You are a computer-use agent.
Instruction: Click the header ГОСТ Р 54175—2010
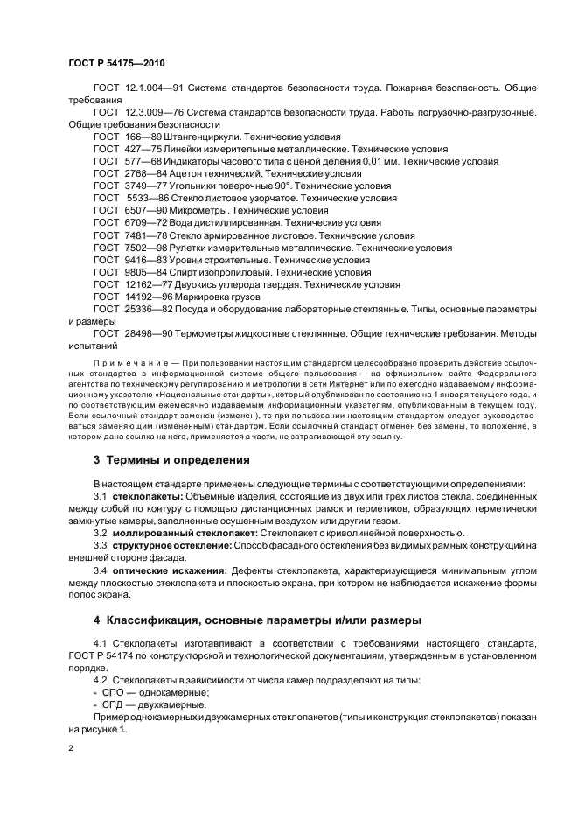[x=116, y=65]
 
